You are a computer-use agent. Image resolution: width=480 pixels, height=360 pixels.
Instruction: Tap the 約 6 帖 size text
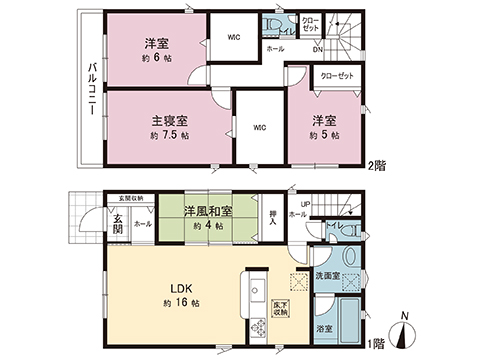tap(156, 59)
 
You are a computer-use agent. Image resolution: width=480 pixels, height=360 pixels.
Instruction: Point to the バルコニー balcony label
tap(90, 89)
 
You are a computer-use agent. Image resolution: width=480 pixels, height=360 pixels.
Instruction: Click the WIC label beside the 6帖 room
tap(233, 38)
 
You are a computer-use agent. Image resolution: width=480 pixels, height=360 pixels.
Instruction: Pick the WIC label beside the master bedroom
tap(258, 127)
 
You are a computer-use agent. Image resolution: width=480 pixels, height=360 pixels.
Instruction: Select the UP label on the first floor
tap(305, 204)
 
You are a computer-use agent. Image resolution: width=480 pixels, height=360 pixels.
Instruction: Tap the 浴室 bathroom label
tap(325, 326)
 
